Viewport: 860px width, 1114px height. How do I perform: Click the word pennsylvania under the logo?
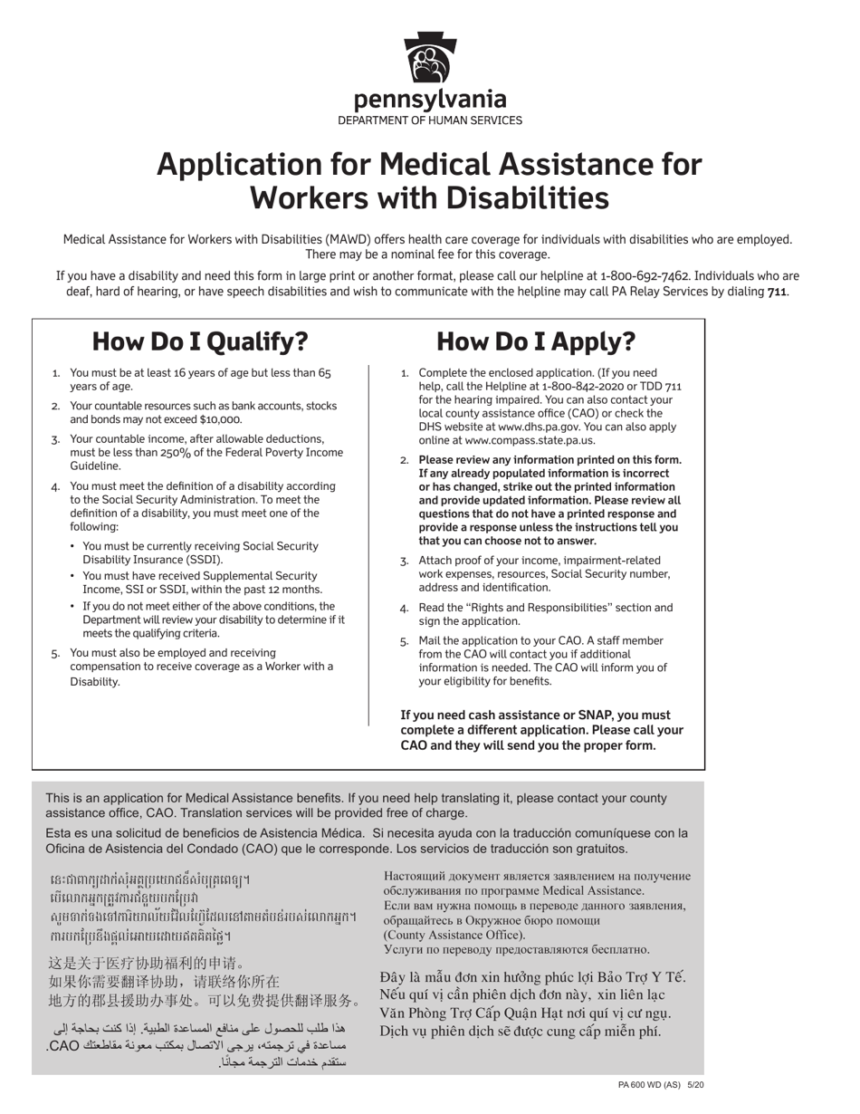[430, 100]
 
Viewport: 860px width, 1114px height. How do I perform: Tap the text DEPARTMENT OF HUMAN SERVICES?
[430, 120]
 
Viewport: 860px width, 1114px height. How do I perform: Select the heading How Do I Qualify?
[200, 341]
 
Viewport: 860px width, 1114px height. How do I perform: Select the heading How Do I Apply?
[536, 341]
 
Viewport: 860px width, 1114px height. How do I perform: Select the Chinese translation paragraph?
[204, 982]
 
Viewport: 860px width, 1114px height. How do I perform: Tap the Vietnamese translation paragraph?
[533, 1004]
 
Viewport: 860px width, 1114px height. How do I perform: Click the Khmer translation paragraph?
[202, 907]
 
